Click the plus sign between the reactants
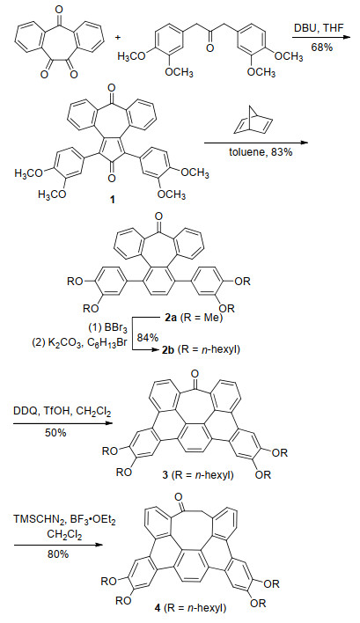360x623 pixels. pyautogui.click(x=119, y=37)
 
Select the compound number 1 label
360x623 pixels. pyautogui.click(x=113, y=200)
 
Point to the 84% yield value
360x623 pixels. pyautogui.click(x=148, y=338)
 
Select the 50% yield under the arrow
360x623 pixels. pyautogui.click(x=55, y=433)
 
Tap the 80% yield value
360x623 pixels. pyautogui.click(x=58, y=553)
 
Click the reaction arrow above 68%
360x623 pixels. pyautogui.click(x=322, y=38)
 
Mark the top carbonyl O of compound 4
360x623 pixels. pyautogui.click(x=179, y=497)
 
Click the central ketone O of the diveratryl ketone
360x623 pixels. pyautogui.click(x=209, y=48)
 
